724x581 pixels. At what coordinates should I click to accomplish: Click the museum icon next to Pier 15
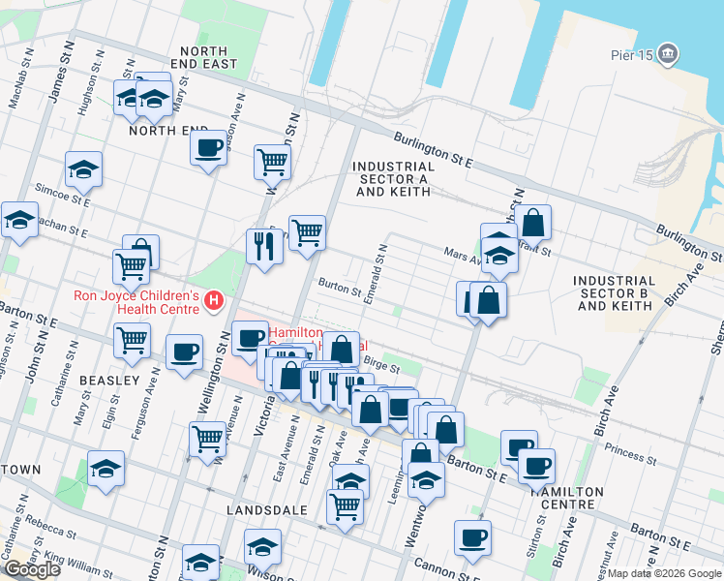click(x=668, y=55)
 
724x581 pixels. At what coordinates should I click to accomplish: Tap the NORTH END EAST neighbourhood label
click(x=203, y=57)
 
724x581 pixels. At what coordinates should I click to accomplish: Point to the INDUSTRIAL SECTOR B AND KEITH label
click(x=614, y=292)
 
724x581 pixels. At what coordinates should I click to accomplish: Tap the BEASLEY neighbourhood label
click(x=109, y=381)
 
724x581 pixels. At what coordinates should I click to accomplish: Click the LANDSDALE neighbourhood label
click(x=266, y=509)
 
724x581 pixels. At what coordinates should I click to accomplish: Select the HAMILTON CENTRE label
click(x=563, y=498)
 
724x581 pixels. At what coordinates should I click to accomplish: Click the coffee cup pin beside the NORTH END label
click(x=208, y=149)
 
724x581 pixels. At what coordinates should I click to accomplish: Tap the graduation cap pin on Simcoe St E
click(x=84, y=170)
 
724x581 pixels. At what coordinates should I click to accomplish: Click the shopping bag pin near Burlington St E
click(x=532, y=223)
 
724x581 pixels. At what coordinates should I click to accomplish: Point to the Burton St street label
click(x=340, y=288)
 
